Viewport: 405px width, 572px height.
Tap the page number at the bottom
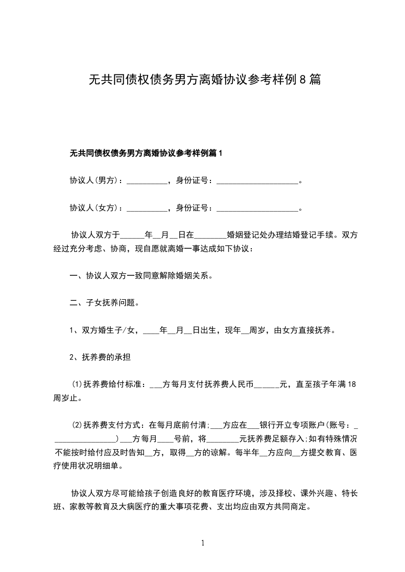[x=203, y=543]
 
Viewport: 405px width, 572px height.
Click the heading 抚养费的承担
[x=106, y=357]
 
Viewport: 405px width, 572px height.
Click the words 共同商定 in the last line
[x=294, y=507]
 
